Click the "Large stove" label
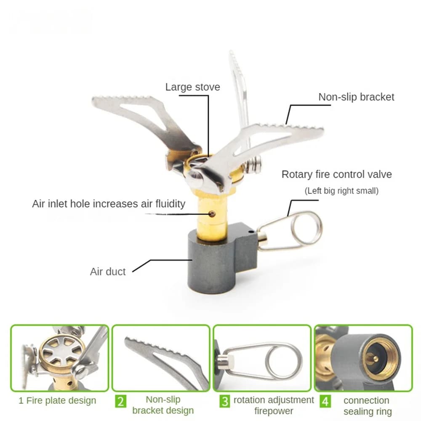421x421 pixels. click(192, 87)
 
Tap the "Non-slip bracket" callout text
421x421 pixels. click(356, 97)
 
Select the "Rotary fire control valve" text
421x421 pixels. click(336, 174)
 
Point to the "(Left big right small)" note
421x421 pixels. click(341, 191)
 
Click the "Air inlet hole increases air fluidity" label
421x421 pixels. click(109, 204)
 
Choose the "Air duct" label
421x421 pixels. click(108, 272)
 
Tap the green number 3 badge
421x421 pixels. click(224, 400)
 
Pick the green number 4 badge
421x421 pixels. click(325, 400)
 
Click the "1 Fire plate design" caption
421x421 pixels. click(57, 400)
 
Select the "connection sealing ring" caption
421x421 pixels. click(367, 405)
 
